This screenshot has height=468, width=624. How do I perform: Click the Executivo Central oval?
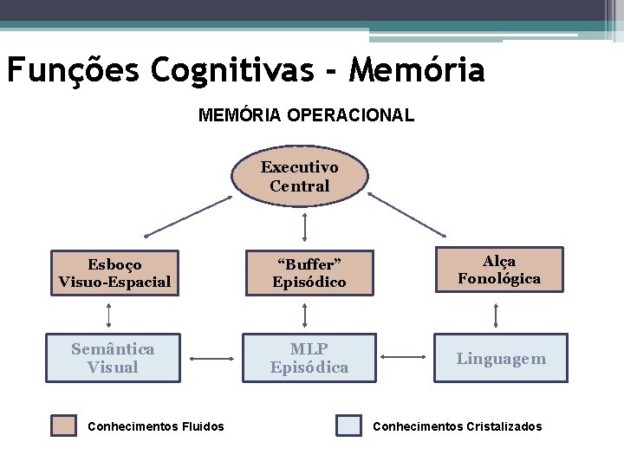point(299,176)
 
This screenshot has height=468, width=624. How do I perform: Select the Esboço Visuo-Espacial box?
point(114,272)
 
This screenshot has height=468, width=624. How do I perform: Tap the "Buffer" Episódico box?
point(309,272)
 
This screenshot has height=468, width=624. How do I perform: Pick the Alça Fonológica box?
point(499,270)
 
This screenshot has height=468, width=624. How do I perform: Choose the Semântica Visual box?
point(113,358)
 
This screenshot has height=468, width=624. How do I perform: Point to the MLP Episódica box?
point(309,358)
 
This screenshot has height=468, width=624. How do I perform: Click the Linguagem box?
point(502,358)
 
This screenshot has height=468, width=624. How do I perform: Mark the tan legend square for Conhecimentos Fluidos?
point(63,426)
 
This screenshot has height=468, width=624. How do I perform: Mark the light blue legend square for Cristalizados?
point(349,426)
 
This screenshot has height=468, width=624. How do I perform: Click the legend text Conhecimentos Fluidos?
point(156,426)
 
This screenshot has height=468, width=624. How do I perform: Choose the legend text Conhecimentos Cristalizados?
point(457,426)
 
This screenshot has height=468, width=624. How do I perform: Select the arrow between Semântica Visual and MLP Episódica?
point(211,358)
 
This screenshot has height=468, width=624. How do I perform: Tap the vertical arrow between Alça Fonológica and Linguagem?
point(496,315)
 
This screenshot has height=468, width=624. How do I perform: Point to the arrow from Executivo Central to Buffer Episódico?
point(306,225)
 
